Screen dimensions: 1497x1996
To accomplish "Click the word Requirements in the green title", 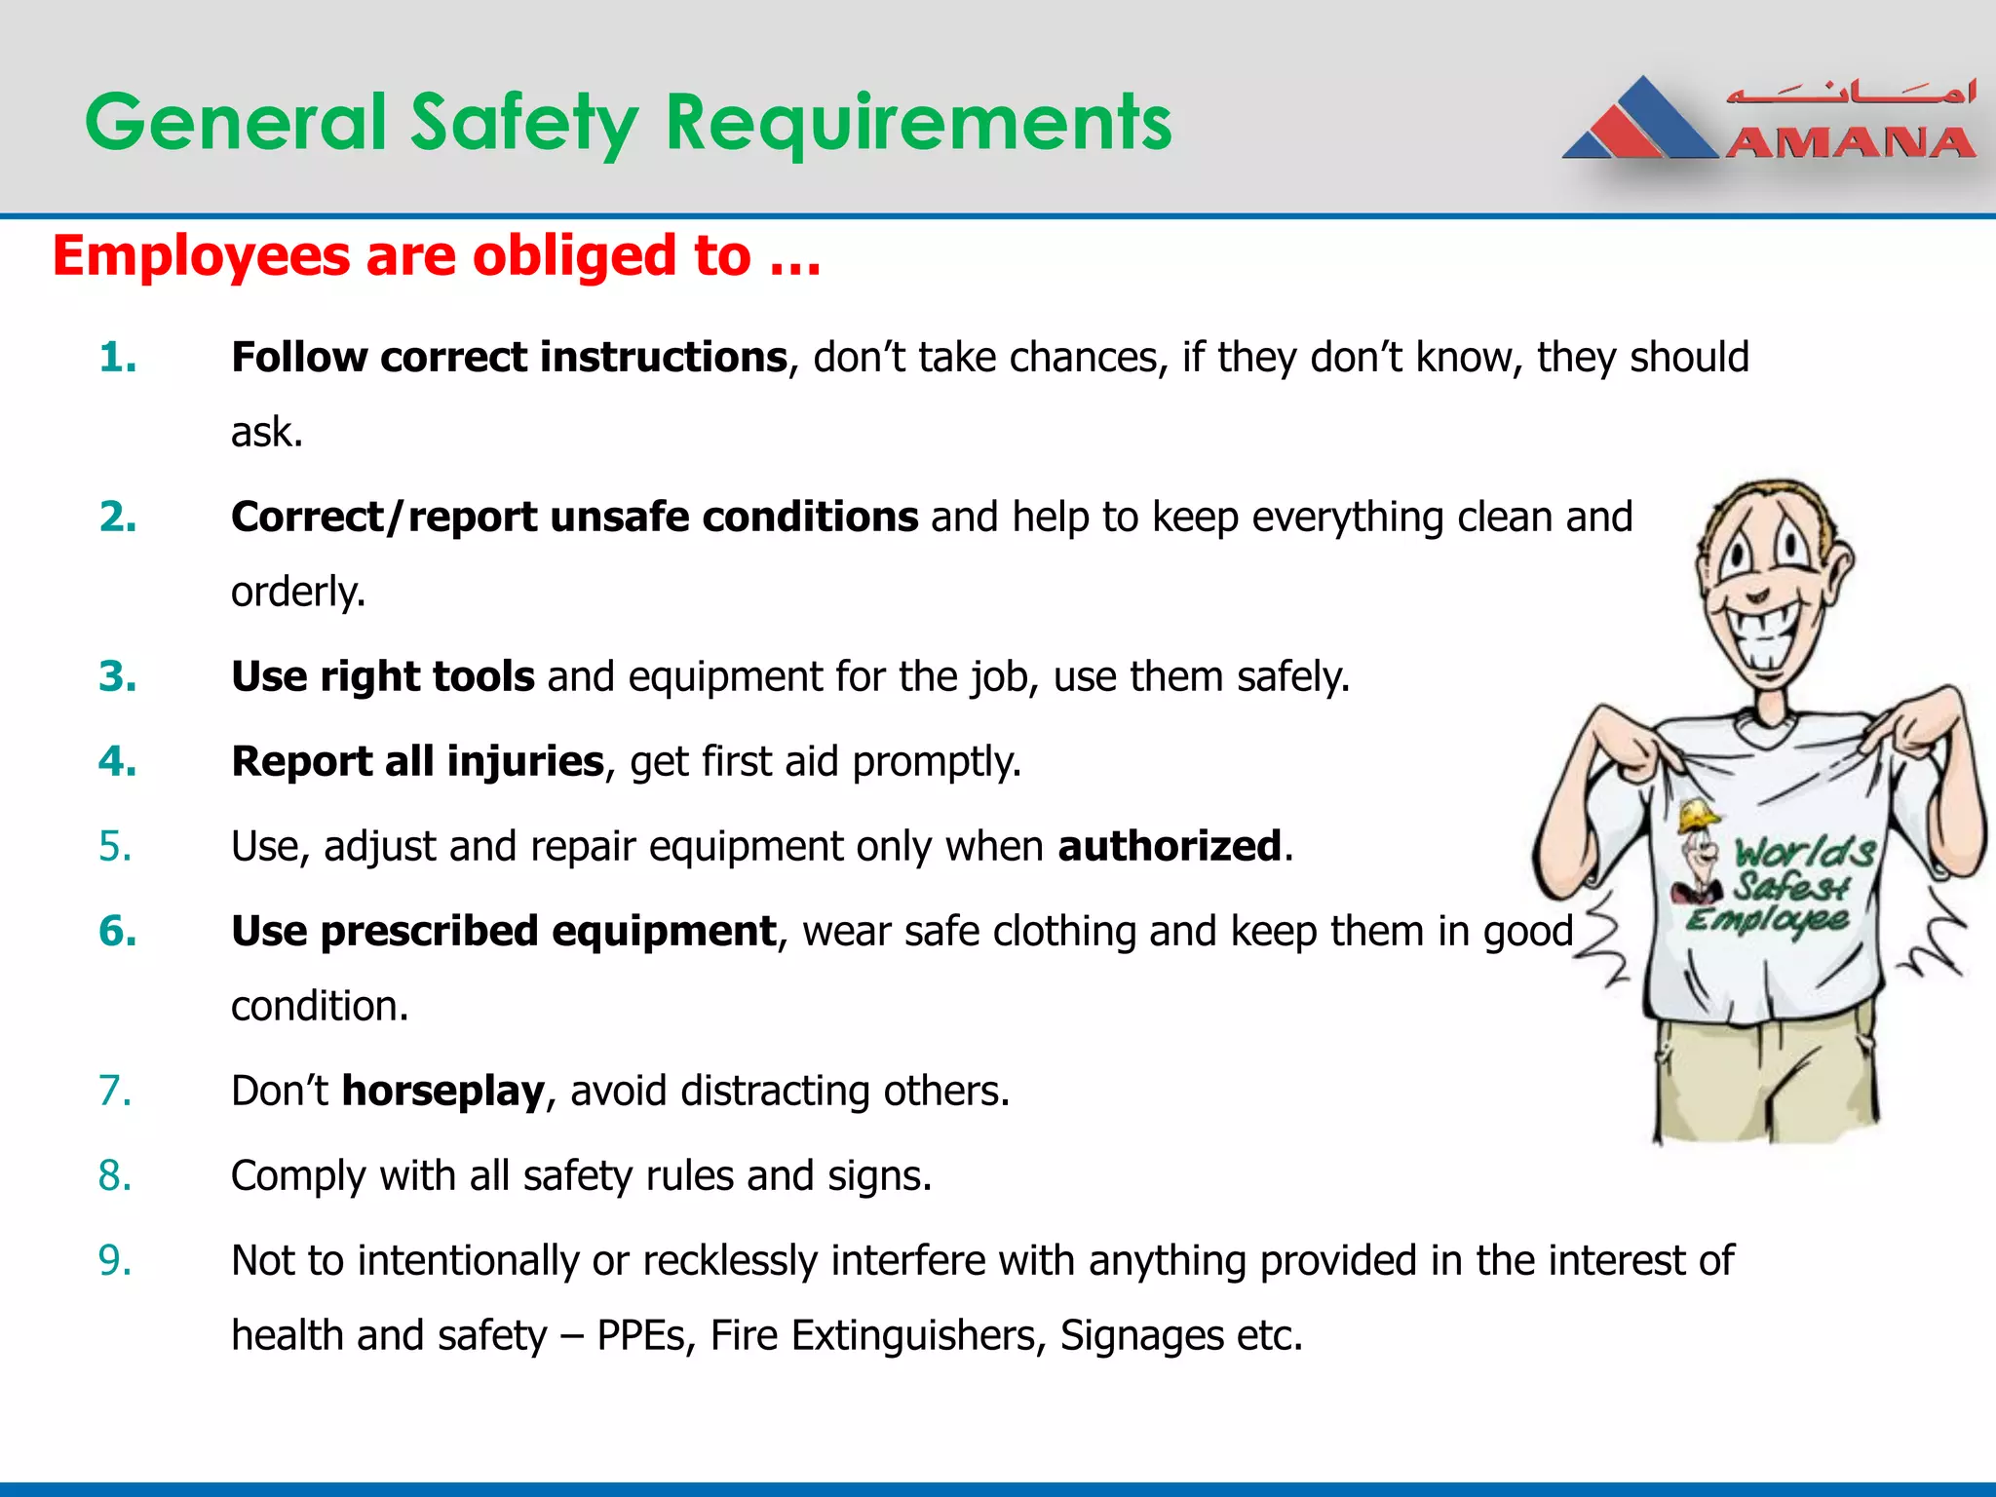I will pos(918,123).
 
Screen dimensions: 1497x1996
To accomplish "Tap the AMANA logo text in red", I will pos(1850,144).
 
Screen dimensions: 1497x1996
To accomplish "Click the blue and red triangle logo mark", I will pos(1639,121).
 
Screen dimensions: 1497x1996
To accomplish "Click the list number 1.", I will pos(117,358).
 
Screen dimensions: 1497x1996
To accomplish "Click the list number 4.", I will pos(117,761).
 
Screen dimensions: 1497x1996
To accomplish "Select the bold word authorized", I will pos(1170,846).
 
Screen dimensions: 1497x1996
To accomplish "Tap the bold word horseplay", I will pos(442,1091).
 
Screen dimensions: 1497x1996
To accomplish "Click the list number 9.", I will pos(115,1260).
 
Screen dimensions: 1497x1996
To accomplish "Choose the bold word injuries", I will pos(525,761).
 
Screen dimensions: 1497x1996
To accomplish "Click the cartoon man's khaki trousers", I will pos(1764,1082).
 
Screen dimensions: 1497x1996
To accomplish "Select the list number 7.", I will pos(115,1091).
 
